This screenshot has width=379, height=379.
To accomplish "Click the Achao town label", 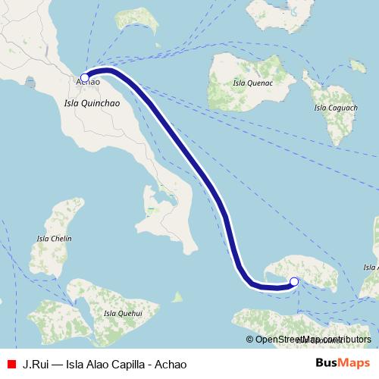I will (89, 82).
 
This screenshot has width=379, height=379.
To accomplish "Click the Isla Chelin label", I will (54, 239).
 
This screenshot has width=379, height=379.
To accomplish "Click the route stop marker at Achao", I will (85, 77).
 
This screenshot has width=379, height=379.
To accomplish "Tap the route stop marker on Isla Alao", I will (294, 282).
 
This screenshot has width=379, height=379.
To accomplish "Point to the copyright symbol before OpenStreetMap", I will (249, 340).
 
